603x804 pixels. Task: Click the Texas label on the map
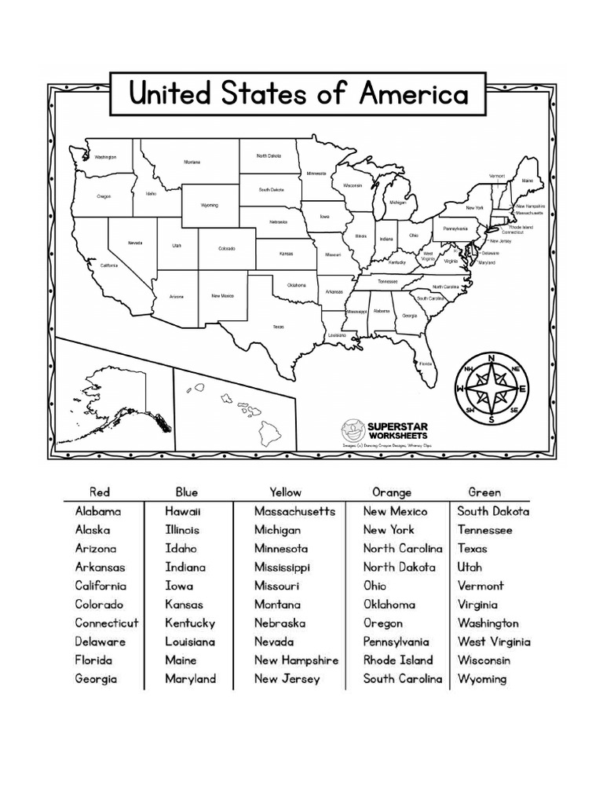click(278, 326)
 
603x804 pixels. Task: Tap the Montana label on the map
click(192, 163)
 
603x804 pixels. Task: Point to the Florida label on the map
click(425, 364)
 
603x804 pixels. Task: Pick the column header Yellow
click(285, 492)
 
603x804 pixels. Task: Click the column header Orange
click(391, 492)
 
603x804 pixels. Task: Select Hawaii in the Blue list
click(183, 511)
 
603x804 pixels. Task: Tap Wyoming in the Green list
click(482, 679)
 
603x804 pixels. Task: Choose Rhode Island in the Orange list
click(398, 660)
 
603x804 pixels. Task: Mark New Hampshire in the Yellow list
click(296, 660)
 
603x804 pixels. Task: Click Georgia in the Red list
click(96, 679)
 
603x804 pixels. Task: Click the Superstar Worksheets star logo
click(351, 429)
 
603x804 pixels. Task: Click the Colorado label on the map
click(226, 249)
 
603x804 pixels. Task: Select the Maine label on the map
click(527, 181)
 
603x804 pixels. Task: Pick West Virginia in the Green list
click(494, 641)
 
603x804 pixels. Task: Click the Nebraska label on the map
click(278, 222)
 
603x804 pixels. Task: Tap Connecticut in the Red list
click(107, 623)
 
